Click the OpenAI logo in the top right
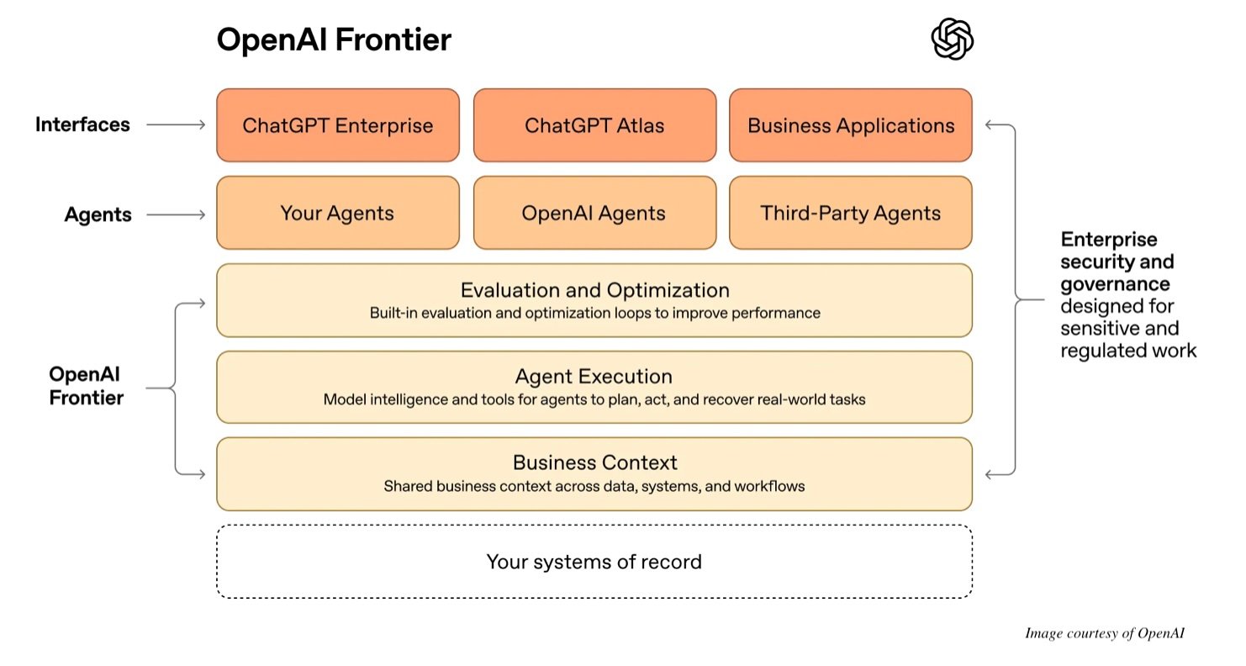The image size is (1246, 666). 952,40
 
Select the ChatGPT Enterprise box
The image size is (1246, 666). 338,125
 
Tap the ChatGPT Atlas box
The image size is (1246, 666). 594,125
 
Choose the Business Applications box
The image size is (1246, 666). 851,125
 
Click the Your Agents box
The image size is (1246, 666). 338,213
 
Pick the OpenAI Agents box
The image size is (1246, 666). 594,213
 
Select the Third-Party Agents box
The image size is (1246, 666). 851,213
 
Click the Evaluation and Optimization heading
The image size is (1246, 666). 594,290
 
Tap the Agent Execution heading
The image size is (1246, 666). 594,377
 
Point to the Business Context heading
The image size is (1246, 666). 594,462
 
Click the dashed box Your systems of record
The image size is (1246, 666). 594,562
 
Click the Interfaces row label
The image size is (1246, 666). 82,124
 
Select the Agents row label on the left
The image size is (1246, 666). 98,214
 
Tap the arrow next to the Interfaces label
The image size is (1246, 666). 176,125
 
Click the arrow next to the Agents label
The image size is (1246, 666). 176,214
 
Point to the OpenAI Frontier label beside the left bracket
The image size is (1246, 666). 86,386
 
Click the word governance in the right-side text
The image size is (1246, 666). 1115,283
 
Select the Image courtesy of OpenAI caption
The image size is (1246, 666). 1104,633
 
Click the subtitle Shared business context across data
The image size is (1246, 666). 594,486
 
